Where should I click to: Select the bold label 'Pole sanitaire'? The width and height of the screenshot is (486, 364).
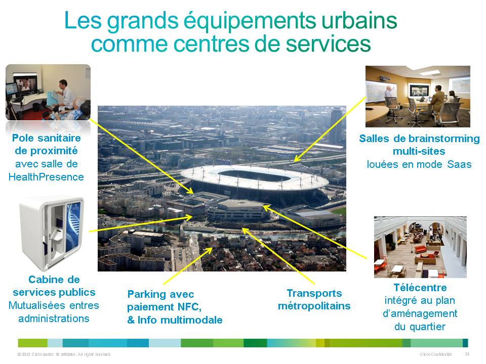point(46,138)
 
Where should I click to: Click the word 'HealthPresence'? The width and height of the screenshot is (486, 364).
point(46,176)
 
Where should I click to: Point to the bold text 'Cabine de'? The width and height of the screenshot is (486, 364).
point(54,280)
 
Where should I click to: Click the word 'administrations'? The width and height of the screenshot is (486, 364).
point(54,318)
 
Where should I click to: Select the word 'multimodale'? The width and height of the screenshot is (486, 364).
point(194,320)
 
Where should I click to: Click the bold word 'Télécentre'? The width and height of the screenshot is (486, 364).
point(420,288)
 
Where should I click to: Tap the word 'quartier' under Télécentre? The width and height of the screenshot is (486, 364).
point(420,327)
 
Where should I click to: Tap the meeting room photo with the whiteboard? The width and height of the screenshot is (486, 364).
point(418,97)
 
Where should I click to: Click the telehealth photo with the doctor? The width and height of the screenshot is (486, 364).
point(48,92)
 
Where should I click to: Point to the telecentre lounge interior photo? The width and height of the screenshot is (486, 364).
point(420,247)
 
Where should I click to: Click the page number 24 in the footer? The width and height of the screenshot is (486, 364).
point(467,354)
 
